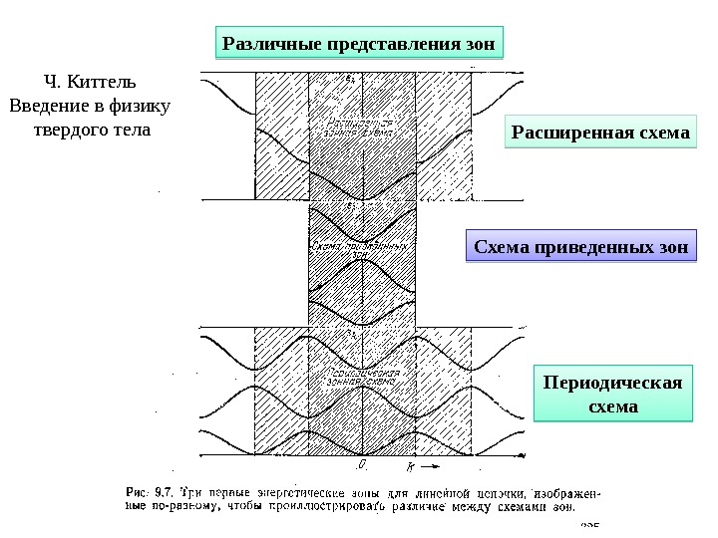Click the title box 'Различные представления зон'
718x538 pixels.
359,44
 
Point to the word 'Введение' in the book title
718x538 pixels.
47,106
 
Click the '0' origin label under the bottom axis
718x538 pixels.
364,464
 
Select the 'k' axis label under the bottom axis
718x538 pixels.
411,465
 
